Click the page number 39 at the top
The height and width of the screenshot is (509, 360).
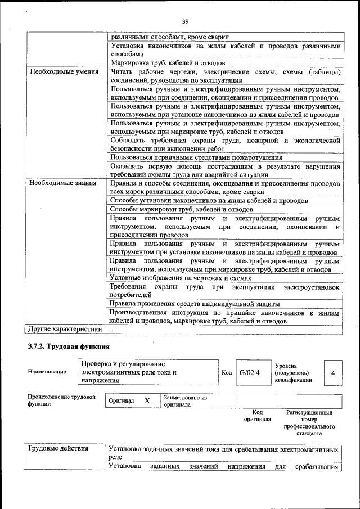[185, 21]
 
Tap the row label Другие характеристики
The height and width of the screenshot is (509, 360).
[65, 329]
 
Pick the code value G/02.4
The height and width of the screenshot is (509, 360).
[249, 372]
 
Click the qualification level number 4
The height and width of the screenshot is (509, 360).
[333, 372]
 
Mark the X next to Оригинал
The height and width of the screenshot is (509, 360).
[147, 400]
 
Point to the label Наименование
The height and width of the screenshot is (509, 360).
[47, 372]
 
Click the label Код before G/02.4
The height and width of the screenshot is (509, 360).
[226, 372]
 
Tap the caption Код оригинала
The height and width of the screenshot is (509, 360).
[257, 416]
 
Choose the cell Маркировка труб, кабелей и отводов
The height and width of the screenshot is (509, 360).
[168, 64]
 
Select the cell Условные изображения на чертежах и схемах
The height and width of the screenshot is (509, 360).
[180, 278]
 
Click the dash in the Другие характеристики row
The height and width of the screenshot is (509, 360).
[111, 329]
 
